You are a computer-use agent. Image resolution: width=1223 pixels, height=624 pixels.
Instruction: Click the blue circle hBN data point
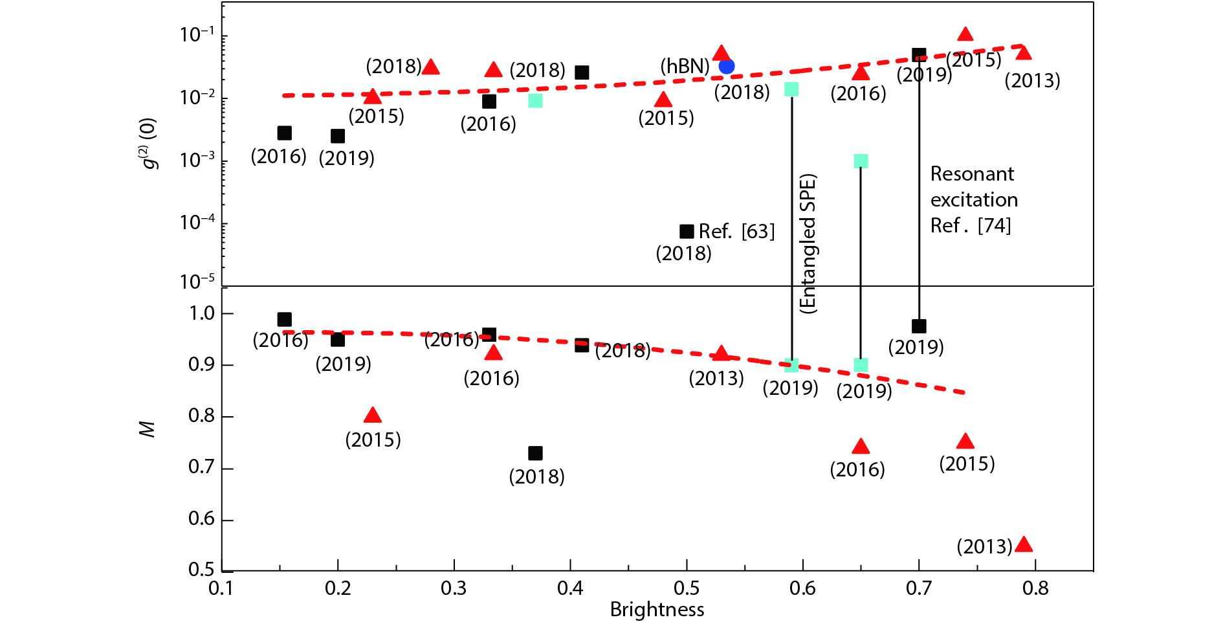[727, 66]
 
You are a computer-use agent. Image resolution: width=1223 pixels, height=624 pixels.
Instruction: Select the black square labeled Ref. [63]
[687, 231]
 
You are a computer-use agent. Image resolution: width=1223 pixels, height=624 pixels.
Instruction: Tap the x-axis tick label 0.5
[686, 588]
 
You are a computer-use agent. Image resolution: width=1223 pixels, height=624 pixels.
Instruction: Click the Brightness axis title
[657, 610]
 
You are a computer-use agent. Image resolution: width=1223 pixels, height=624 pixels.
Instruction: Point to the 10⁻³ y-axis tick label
[198, 160]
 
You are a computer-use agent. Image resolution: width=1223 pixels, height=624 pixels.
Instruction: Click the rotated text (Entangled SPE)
[808, 243]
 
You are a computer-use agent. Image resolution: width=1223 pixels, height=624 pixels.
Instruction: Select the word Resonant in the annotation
[972, 174]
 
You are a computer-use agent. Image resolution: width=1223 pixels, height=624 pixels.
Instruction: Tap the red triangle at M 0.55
[1024, 544]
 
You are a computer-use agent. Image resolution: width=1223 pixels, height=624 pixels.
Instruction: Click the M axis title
[148, 429]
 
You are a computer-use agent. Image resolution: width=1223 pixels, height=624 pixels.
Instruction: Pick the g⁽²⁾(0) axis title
[149, 143]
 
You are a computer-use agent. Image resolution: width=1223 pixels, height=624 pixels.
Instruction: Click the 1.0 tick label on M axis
[201, 313]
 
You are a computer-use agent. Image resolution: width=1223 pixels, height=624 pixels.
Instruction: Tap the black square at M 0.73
[535, 453]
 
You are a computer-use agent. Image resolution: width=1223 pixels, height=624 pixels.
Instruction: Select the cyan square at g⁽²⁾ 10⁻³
[861, 161]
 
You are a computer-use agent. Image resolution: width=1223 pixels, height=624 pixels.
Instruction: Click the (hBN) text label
[685, 67]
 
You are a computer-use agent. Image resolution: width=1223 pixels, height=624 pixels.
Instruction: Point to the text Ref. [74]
[970, 226]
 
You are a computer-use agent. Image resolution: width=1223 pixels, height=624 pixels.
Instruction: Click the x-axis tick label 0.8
[1035, 588]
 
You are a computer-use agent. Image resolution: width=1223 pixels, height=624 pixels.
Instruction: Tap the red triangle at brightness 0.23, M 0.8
[372, 416]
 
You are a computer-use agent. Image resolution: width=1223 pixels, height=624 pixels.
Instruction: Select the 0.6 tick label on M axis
[201, 519]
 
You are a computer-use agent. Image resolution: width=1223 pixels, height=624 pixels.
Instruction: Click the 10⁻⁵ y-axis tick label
[198, 282]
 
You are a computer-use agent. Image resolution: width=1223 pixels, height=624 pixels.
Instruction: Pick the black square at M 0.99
[284, 319]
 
